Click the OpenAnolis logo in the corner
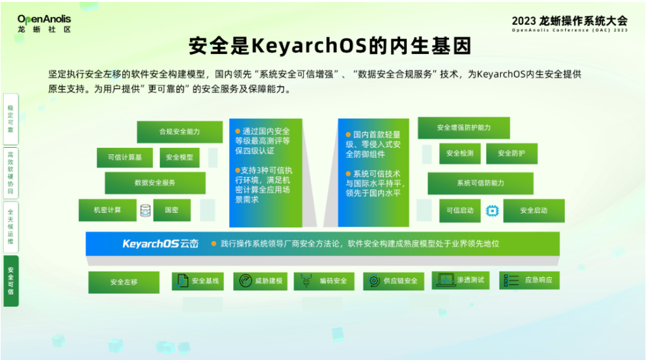[x=44, y=23]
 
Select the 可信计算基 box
[x=124, y=157]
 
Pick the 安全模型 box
[x=179, y=157]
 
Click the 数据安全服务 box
[x=155, y=183]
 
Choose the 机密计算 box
[x=107, y=210]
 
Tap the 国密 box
[x=171, y=210]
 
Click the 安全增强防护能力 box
[x=463, y=128]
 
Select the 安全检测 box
[x=459, y=154]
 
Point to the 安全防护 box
[x=511, y=154]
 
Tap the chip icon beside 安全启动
[x=493, y=210]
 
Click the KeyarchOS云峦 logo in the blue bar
[x=161, y=243]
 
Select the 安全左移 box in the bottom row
[x=124, y=282]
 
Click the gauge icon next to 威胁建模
[x=245, y=281]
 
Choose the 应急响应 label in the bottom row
[x=538, y=280]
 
